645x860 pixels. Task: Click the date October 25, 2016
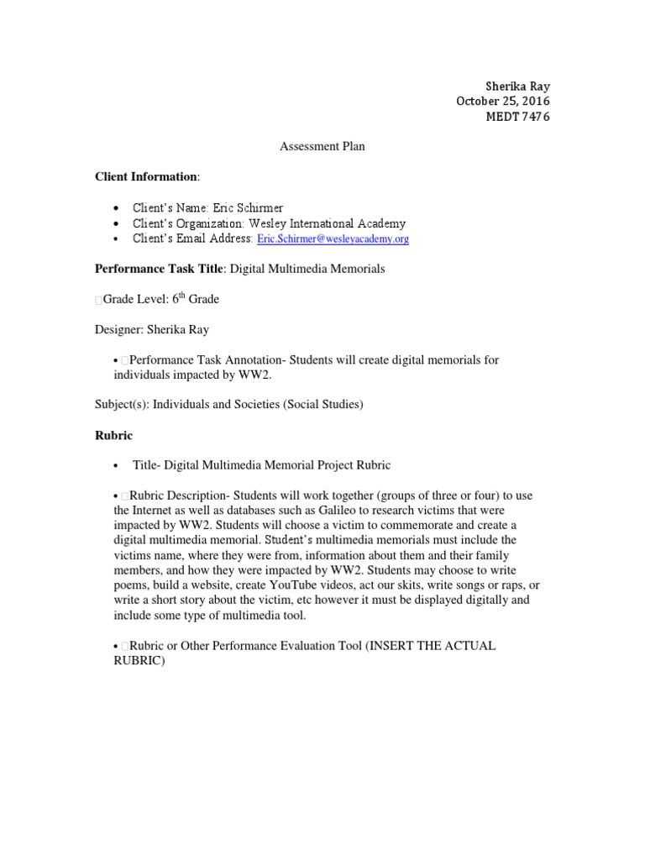[502, 101]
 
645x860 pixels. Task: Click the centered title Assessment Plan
[322, 146]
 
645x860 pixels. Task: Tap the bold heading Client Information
[146, 176]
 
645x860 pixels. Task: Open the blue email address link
[333, 239]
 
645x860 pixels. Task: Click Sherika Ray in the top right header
[518, 86]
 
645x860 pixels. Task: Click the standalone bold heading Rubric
[113, 435]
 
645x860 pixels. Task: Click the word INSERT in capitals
[372, 646]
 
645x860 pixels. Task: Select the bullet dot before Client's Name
[115, 208]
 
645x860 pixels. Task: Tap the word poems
[114, 586]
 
